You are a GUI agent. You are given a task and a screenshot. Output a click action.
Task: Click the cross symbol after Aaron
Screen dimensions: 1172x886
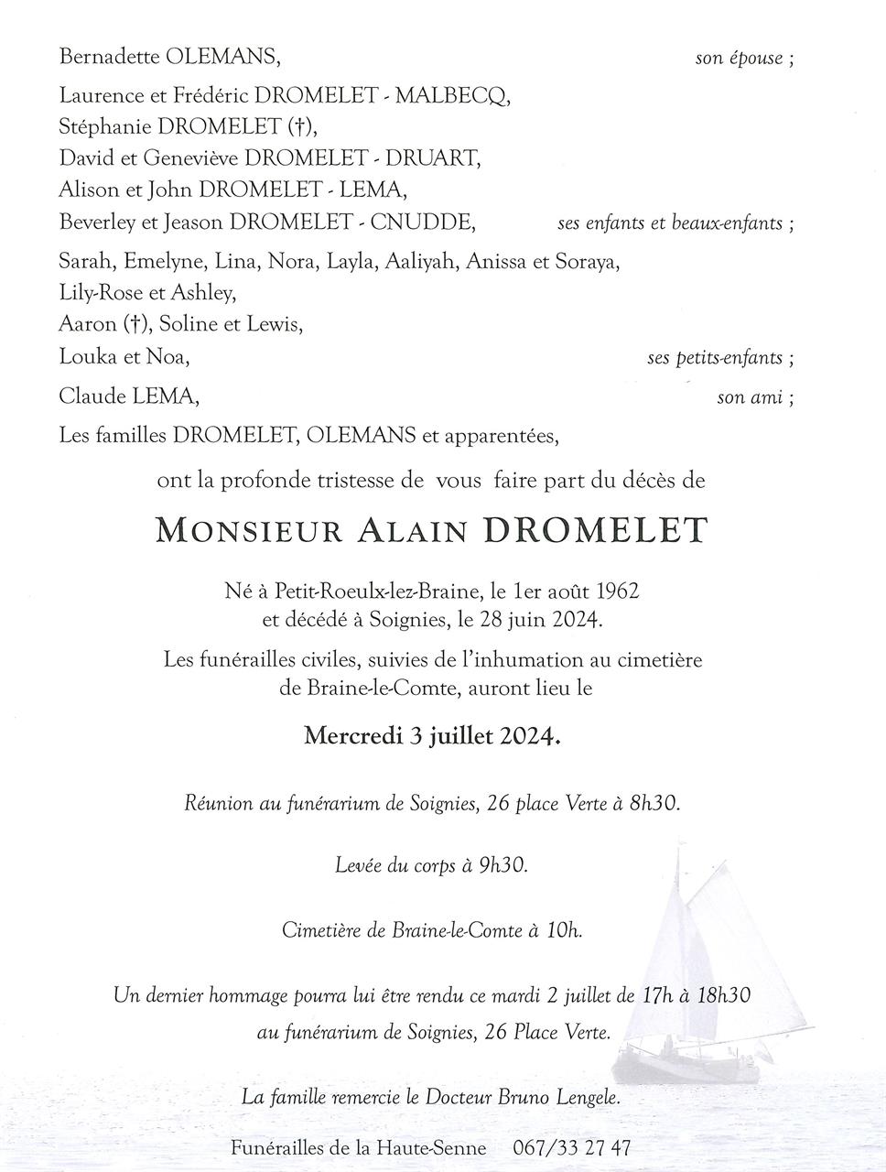(135, 324)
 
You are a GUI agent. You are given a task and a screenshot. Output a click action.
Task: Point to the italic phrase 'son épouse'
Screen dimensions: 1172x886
(739, 59)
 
